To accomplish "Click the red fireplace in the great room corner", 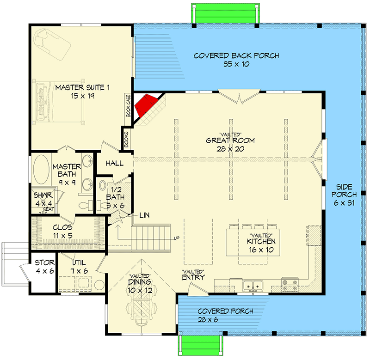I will (144, 106).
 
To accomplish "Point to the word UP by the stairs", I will (177, 238).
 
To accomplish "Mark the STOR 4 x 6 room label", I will (44, 267).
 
